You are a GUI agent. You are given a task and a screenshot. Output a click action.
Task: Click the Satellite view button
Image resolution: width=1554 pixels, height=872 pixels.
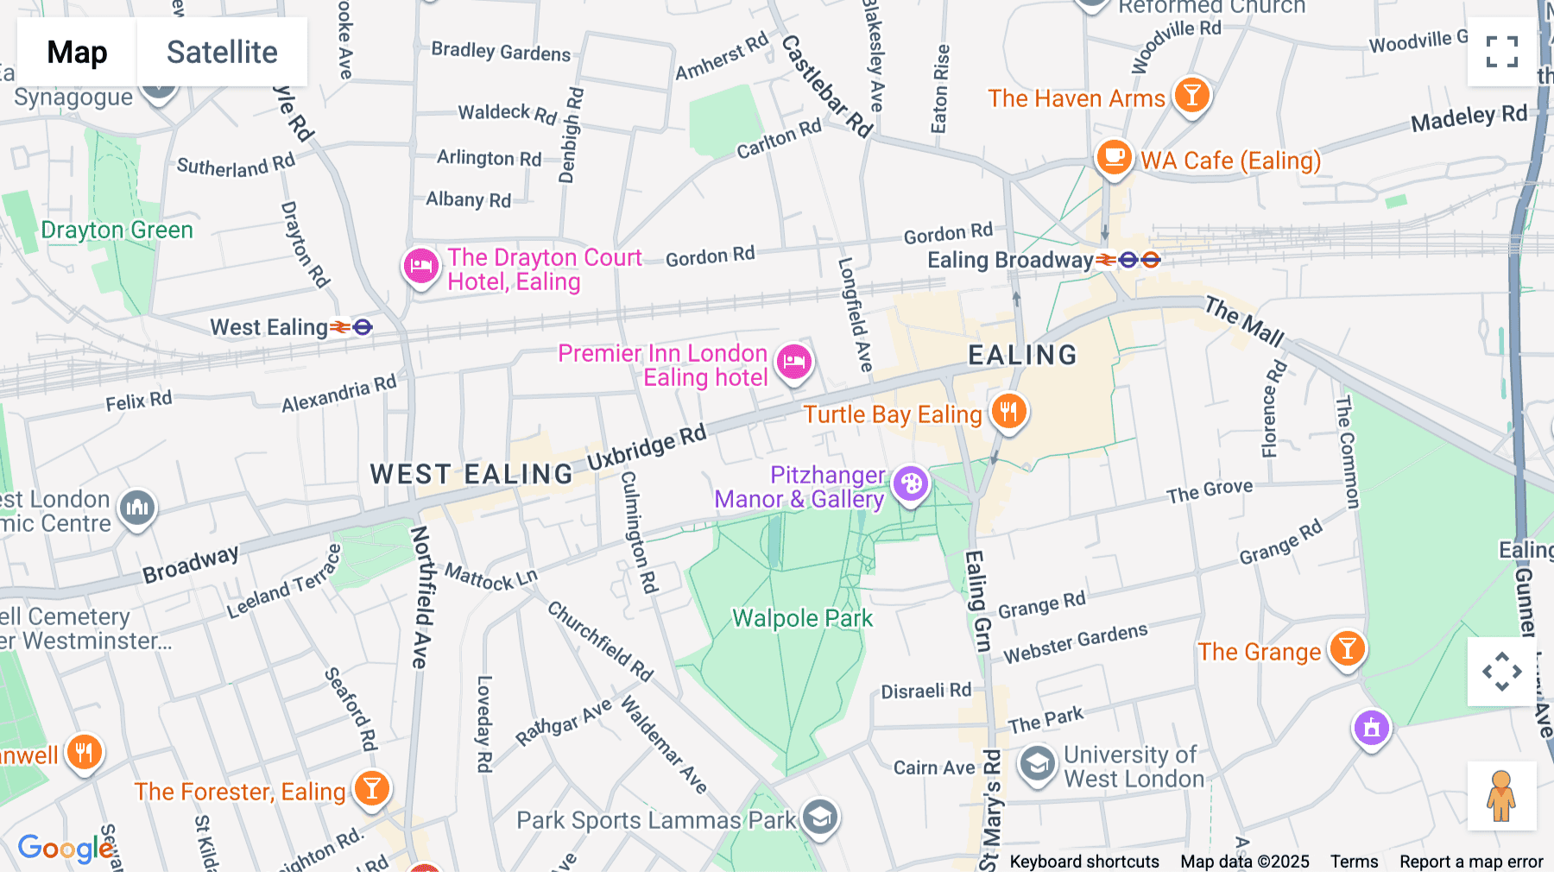[x=222, y=52]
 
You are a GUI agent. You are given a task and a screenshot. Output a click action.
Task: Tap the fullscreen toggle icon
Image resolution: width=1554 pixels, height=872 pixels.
[x=1501, y=52]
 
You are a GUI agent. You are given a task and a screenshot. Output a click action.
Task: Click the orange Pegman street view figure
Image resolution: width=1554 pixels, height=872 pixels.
[x=1501, y=796]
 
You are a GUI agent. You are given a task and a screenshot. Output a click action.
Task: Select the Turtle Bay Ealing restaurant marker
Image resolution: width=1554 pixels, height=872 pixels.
[x=1008, y=412]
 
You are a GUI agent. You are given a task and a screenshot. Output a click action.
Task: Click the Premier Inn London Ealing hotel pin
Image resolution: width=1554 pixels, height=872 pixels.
[x=794, y=362]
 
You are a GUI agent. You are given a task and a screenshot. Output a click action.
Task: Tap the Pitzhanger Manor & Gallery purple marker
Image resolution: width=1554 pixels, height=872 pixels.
[x=911, y=483]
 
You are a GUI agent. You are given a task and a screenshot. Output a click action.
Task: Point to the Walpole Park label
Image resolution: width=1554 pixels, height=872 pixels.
[x=802, y=618]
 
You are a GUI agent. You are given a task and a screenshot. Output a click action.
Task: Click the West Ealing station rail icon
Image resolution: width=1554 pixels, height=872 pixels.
[x=341, y=327]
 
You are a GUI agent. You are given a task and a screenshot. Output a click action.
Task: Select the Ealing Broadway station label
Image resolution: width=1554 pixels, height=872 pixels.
[x=1010, y=260]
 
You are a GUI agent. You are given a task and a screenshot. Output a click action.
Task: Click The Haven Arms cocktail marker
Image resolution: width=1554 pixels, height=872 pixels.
[x=1191, y=95]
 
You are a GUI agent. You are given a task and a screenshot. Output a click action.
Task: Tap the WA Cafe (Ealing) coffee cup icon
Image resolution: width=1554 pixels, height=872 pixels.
[x=1114, y=157]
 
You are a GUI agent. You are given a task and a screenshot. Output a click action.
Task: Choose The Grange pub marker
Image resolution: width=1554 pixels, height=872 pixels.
[x=1347, y=648]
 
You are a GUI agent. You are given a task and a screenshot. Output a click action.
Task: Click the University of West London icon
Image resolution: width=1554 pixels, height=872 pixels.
[x=1037, y=764]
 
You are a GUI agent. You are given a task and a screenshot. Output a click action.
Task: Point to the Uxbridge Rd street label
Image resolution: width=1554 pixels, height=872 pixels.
[x=647, y=447]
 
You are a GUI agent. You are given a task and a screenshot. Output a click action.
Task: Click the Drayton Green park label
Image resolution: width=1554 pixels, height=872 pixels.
[x=117, y=230]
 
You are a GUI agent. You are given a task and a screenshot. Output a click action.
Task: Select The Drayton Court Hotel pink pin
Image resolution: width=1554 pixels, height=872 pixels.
[x=421, y=266]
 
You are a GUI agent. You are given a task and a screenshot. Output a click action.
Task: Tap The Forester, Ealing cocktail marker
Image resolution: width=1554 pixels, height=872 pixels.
[x=371, y=788]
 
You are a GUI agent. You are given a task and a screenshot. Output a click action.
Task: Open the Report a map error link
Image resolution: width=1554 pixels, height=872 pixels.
[x=1470, y=861]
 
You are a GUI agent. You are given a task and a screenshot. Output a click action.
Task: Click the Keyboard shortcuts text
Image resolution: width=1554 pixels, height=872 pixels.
[x=1083, y=861]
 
